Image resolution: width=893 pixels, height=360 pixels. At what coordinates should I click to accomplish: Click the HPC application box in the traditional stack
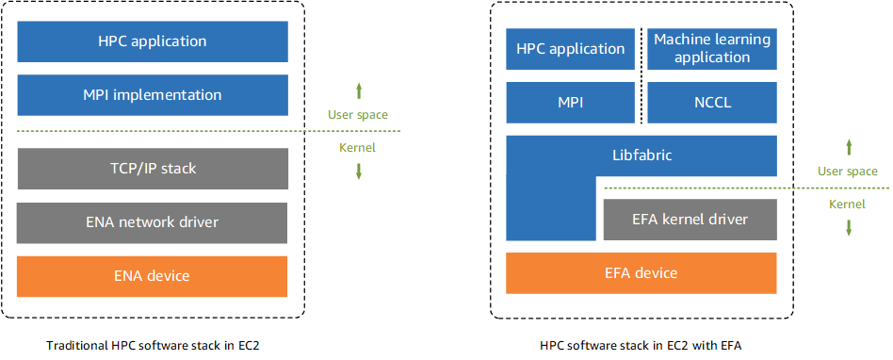click(x=152, y=41)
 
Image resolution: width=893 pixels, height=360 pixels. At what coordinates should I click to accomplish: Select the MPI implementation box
click(x=152, y=95)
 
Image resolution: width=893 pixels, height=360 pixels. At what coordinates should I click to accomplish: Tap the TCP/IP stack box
click(x=152, y=169)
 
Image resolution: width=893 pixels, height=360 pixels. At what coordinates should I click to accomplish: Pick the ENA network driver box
click(x=152, y=222)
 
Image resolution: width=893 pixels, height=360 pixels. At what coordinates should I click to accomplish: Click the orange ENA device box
click(x=152, y=276)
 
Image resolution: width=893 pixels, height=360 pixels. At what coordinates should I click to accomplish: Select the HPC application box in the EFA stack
click(x=572, y=49)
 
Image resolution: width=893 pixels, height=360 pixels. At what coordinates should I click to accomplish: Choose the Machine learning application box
click(x=712, y=49)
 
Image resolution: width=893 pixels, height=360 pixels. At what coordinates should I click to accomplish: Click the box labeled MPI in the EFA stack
click(x=572, y=103)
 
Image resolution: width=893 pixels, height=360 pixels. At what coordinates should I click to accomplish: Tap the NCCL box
click(x=712, y=103)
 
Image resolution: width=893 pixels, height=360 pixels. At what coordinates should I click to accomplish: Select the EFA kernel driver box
click(x=690, y=219)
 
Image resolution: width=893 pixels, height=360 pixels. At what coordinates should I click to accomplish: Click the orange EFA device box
click(x=641, y=273)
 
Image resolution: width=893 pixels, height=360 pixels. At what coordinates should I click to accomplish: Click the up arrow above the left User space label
click(x=358, y=91)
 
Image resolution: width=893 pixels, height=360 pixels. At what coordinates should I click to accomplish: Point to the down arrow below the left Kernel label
click(x=358, y=171)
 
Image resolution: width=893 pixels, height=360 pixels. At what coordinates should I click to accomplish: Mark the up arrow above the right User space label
click(x=848, y=147)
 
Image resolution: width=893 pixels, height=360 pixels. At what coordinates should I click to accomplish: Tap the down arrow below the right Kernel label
click(x=848, y=227)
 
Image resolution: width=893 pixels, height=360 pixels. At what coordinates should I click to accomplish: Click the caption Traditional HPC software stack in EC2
click(x=153, y=346)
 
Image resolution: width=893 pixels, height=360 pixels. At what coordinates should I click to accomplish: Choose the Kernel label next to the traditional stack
click(x=357, y=148)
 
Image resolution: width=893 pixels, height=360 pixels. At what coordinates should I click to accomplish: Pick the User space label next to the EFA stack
click(x=848, y=172)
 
